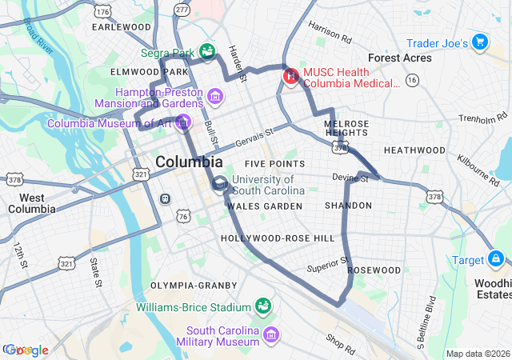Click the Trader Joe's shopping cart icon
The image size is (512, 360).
pos(480,41)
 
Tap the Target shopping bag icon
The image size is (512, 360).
pos(496,259)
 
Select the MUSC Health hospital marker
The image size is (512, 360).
pos(290,78)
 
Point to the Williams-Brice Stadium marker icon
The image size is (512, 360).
pos(262,306)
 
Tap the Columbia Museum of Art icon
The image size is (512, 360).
pos(183,122)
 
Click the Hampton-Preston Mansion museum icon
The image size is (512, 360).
pos(214,98)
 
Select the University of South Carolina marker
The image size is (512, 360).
pos(220,186)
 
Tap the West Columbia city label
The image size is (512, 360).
pos(32,203)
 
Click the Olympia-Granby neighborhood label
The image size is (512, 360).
pos(194,285)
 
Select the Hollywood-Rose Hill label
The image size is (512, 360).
pos(278,238)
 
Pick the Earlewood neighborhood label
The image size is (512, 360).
pos(122,26)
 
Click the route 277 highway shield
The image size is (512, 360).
pos(182,10)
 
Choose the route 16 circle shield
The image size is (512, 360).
pos(412,80)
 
